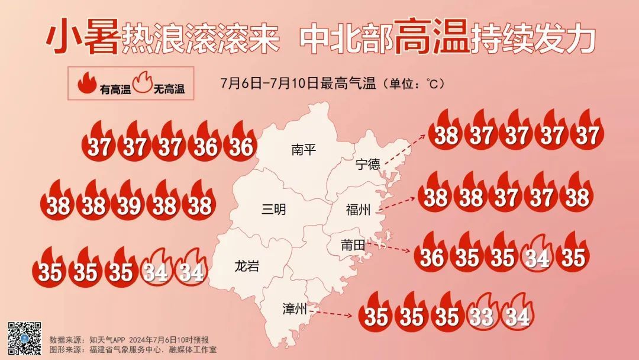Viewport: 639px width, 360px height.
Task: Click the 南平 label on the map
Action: (x=304, y=150)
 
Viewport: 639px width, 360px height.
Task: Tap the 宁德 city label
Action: (x=368, y=165)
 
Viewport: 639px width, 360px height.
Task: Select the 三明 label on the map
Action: (x=273, y=209)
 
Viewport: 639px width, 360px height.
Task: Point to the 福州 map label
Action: (x=359, y=210)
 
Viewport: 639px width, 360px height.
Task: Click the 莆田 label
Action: (x=353, y=245)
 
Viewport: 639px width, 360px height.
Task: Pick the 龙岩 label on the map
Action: (x=247, y=266)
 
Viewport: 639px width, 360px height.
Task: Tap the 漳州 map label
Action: (x=294, y=308)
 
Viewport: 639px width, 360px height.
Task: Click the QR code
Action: (x=24, y=338)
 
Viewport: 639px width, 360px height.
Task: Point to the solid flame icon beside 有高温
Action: (x=87, y=85)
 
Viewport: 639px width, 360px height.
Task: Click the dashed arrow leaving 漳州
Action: (x=334, y=310)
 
